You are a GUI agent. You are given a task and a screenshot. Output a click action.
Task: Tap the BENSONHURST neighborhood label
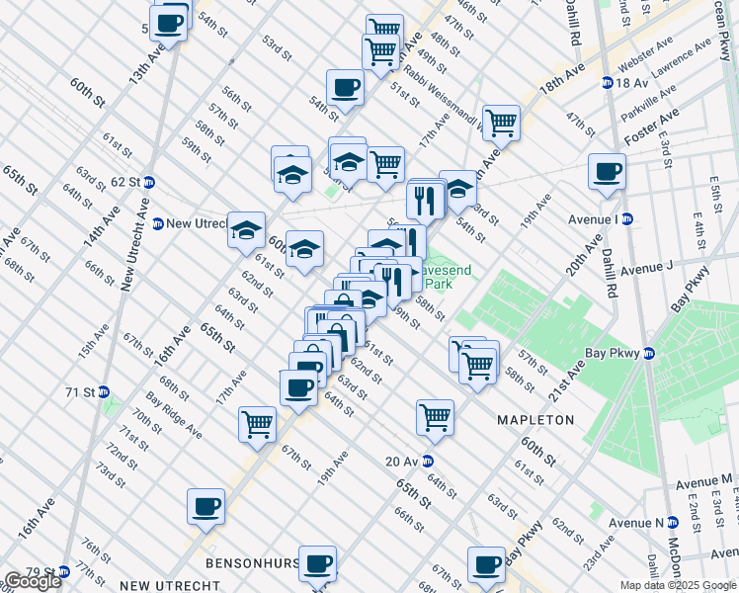tap(252, 562)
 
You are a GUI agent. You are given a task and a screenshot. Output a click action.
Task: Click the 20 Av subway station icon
tap(428, 461)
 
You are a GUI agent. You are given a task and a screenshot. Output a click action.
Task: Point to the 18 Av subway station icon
tap(607, 83)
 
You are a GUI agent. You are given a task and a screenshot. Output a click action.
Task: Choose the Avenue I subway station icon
tap(626, 218)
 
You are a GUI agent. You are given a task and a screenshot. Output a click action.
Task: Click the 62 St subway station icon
tap(149, 182)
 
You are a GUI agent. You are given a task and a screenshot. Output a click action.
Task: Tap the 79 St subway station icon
tap(64, 572)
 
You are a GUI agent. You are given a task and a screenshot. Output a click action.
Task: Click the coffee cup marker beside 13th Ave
tap(169, 24)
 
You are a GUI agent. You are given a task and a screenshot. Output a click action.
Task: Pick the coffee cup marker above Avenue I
tap(607, 171)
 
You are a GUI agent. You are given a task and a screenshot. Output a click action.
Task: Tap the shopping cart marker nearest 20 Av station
tap(435, 416)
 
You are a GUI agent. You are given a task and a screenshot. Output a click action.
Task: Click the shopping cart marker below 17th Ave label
tap(257, 424)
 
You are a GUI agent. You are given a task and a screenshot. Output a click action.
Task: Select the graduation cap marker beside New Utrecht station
tap(246, 230)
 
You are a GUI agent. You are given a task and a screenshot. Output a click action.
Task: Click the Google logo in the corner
tap(33, 581)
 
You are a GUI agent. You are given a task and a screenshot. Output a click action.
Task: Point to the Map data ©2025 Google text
tap(676, 585)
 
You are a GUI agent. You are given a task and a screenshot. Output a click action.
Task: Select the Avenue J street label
tap(646, 267)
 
